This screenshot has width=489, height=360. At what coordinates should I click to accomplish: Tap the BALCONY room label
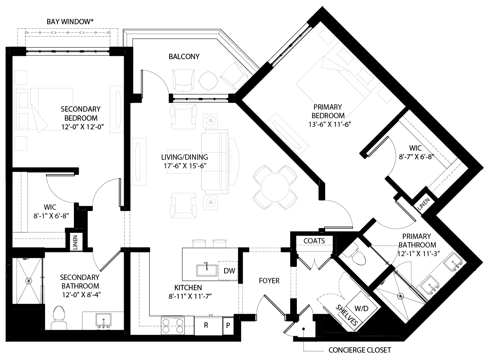coord(184,56)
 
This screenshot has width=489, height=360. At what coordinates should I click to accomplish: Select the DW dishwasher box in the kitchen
coord(229,271)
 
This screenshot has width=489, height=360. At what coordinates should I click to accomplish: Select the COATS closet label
coord(314,241)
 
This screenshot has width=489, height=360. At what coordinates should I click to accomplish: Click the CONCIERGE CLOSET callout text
coord(360,350)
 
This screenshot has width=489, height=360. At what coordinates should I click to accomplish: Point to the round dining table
coord(275,187)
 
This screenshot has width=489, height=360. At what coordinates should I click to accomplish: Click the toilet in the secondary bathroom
coord(60,318)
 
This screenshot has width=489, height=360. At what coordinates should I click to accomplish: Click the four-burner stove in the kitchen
coord(173,325)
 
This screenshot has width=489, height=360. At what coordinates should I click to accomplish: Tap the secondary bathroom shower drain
coord(28,281)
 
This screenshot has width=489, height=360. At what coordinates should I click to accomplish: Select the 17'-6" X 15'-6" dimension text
coord(184,166)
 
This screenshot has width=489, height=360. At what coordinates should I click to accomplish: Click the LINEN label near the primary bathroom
coord(424,202)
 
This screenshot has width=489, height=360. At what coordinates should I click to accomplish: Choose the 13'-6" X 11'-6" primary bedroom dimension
coord(328,124)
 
